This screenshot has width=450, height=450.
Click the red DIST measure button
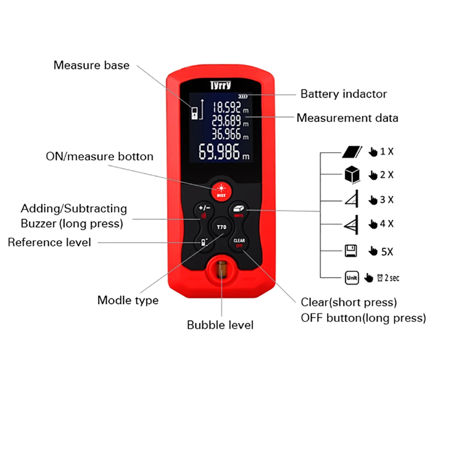coord(221,191)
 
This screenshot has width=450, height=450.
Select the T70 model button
coord(221,227)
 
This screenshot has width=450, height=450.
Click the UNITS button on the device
coord(238,211)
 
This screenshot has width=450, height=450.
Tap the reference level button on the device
coord(204,243)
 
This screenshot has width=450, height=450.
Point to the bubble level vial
coord(221,269)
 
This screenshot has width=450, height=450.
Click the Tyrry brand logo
coord(220,85)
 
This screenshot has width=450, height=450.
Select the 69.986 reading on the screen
coord(224,152)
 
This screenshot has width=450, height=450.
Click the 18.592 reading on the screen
coord(230,108)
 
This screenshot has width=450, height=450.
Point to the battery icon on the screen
coord(243,96)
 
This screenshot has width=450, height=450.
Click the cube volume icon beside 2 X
coord(352,174)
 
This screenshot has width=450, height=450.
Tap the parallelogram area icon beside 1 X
coord(352,152)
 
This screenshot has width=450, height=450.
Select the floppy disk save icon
coord(351,251)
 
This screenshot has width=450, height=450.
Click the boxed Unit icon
coord(352,278)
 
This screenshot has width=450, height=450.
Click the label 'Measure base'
coord(91,65)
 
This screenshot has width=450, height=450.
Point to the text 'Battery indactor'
coord(343,94)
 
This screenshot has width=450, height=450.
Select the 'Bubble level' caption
coord(220,325)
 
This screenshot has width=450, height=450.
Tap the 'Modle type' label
coord(128,301)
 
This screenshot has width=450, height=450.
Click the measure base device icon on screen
coord(194,113)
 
